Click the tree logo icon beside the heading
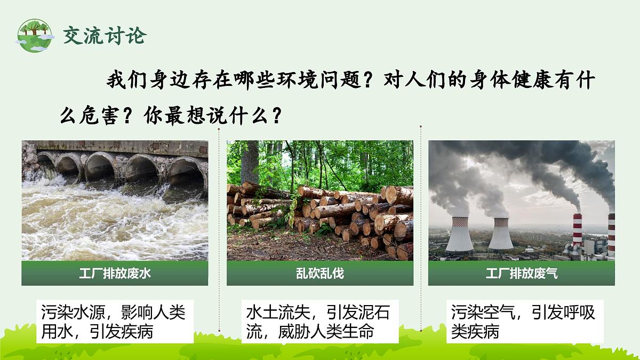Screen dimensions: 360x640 pos(35,35)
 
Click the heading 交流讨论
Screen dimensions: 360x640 pos(105,36)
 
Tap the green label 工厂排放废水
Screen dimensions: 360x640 pos(115,274)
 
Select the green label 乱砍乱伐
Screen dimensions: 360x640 pos(320,274)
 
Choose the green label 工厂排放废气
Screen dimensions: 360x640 pos(522,274)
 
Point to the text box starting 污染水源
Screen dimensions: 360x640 pos(115,322)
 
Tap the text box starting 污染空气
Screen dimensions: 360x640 pos(525,322)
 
